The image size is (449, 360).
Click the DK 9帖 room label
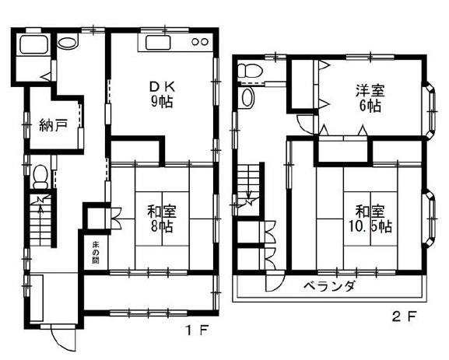[x=162, y=94]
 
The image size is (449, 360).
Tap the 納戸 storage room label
[x=53, y=125]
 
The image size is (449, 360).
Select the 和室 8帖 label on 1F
[x=162, y=218]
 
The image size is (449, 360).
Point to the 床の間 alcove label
[x=96, y=253]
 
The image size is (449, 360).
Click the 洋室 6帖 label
[x=370, y=98]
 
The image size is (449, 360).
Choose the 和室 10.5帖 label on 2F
[x=370, y=218]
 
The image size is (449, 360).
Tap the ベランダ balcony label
[x=330, y=286]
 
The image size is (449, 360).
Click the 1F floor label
[x=198, y=330]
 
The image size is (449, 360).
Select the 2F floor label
[x=404, y=316]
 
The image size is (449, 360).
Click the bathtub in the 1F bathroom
[x=33, y=44]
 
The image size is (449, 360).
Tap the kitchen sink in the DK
[x=158, y=43]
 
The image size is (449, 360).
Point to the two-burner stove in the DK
[x=200, y=42]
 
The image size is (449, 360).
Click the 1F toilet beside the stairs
[x=40, y=177]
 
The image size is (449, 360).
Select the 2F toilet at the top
[x=250, y=71]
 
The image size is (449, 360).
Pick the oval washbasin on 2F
[x=247, y=97]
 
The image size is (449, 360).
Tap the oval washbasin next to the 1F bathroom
[x=68, y=43]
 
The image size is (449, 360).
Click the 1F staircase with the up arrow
[x=40, y=220]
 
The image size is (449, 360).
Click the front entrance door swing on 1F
[x=64, y=340]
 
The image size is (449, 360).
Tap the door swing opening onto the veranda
[x=275, y=283]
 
